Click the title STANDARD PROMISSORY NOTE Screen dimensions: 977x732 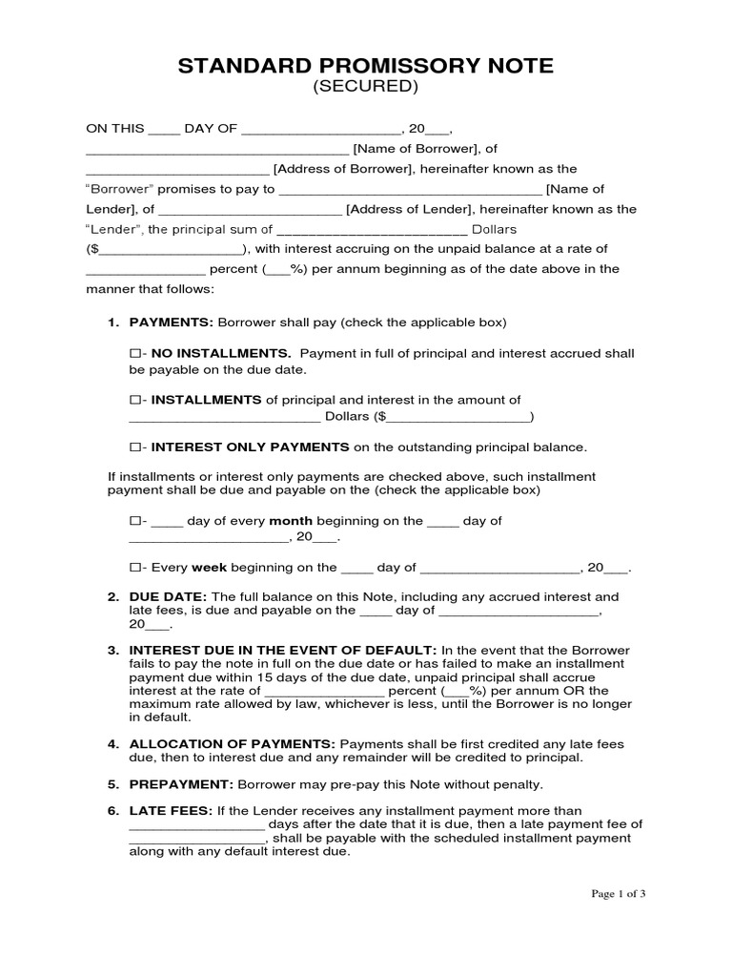[365, 66]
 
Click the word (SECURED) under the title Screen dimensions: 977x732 [366, 88]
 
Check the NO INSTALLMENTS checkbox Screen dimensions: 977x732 [134, 353]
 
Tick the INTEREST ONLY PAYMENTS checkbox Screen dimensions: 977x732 [134, 447]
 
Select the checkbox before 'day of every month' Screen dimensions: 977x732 [134, 521]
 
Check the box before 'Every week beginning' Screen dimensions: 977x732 [134, 567]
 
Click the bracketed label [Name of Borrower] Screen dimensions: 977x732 [415, 149]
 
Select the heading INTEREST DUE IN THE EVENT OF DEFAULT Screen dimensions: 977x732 [283, 650]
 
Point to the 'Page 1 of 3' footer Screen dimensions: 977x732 [619, 894]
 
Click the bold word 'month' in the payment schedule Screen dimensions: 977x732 [291, 521]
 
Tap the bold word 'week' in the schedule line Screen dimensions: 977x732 [210, 567]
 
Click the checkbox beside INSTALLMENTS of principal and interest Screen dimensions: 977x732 [134, 400]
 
